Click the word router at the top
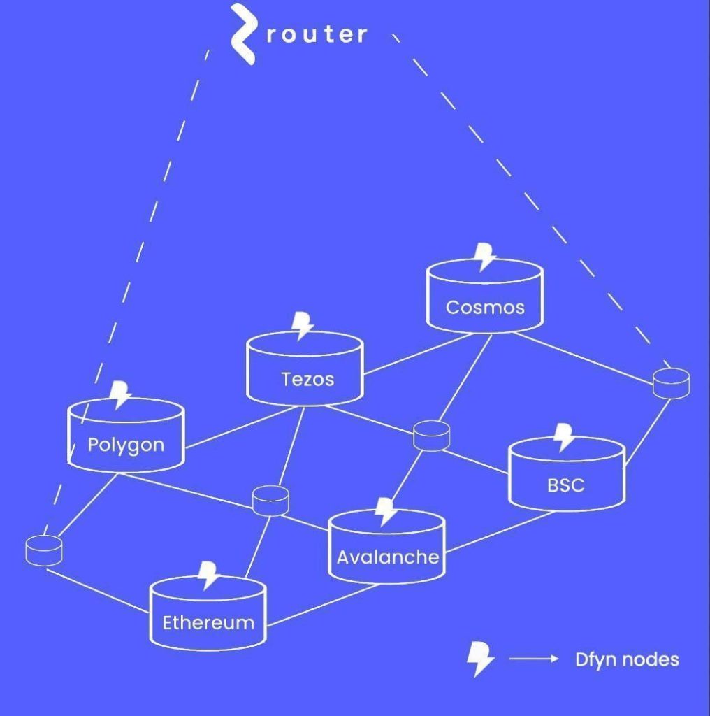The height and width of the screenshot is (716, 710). pos(317,35)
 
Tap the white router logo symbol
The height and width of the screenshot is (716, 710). pos(242,34)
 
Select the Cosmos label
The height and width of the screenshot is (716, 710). pos(485,308)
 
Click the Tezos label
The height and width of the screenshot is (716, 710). pos(307,379)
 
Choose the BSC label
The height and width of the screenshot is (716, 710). pos(566,485)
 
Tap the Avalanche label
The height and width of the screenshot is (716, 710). pos(388,557)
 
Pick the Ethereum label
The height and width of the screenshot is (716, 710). pos(208,623)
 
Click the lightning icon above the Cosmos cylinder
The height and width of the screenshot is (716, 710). pos(484,257)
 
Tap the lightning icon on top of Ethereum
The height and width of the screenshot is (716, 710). pos(208,575)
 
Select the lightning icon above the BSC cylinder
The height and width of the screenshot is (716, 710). pos(564,438)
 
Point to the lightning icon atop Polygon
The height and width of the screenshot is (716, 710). pos(120,395)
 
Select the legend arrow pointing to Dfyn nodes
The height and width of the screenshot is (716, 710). pos(534,659)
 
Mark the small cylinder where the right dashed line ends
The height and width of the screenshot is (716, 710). pos(671,384)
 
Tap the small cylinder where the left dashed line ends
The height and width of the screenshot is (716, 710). pos(44,551)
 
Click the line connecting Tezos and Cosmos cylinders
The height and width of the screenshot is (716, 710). pos(418,354)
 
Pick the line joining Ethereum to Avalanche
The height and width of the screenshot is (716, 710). pos(323,605)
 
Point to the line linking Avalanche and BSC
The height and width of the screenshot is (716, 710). pos(500,531)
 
